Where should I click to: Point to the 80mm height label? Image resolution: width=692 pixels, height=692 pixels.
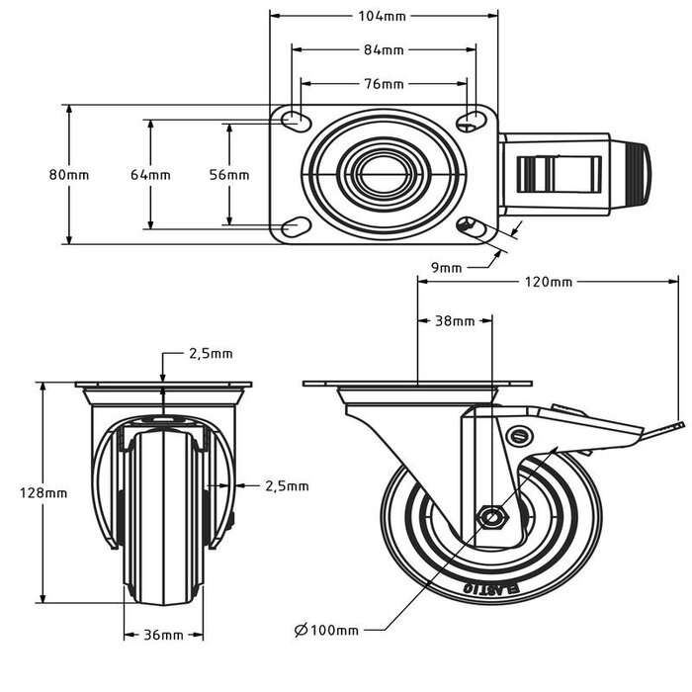coord(69,175)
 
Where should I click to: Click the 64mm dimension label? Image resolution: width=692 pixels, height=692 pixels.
coord(150,175)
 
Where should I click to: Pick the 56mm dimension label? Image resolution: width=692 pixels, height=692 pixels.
coord(229,175)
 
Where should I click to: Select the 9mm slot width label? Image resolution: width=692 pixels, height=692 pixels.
coord(447,267)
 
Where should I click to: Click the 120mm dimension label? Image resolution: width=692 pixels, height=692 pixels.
coord(547,282)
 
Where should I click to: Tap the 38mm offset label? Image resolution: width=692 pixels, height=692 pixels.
coord(455,321)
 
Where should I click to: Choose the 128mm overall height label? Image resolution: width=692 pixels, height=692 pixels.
coord(44,492)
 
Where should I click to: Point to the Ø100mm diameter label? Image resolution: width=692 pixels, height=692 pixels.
coord(326,629)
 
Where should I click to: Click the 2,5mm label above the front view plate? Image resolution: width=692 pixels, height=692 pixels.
coord(211,353)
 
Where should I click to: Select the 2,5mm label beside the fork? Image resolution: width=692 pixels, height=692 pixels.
coord(287,485)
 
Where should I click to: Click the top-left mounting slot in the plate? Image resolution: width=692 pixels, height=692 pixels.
coord(296,121)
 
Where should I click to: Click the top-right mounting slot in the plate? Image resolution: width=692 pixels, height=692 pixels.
coord(472,121)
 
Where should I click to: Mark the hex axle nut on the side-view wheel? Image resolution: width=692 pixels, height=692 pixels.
coord(490,517)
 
